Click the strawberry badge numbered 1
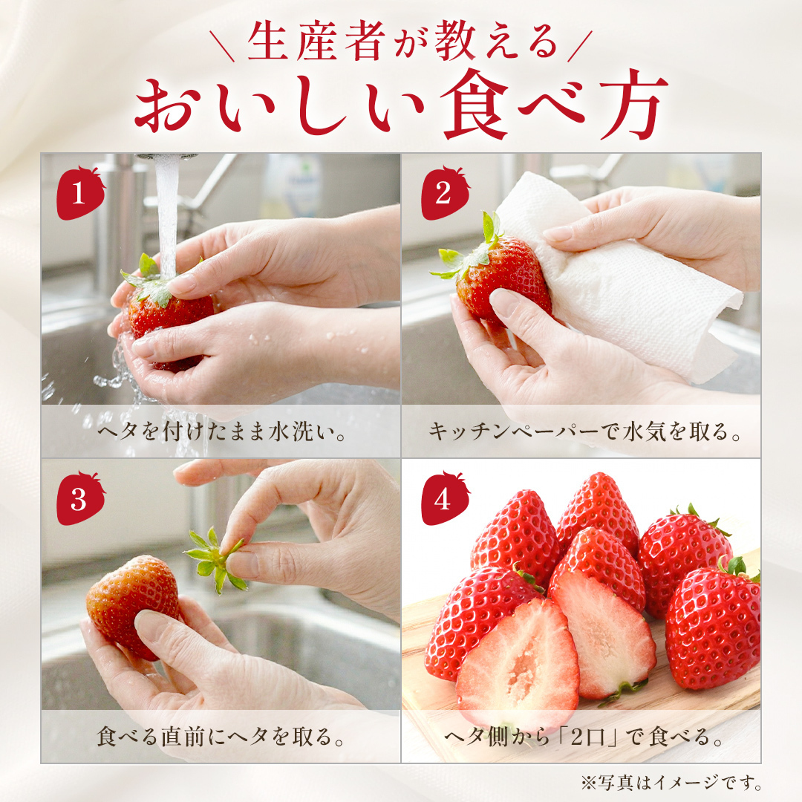coord(80,195)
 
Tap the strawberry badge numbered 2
coord(443,195)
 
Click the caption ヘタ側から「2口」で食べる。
coord(584,737)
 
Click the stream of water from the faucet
coord(167,215)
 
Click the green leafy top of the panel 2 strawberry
coord(472,249)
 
